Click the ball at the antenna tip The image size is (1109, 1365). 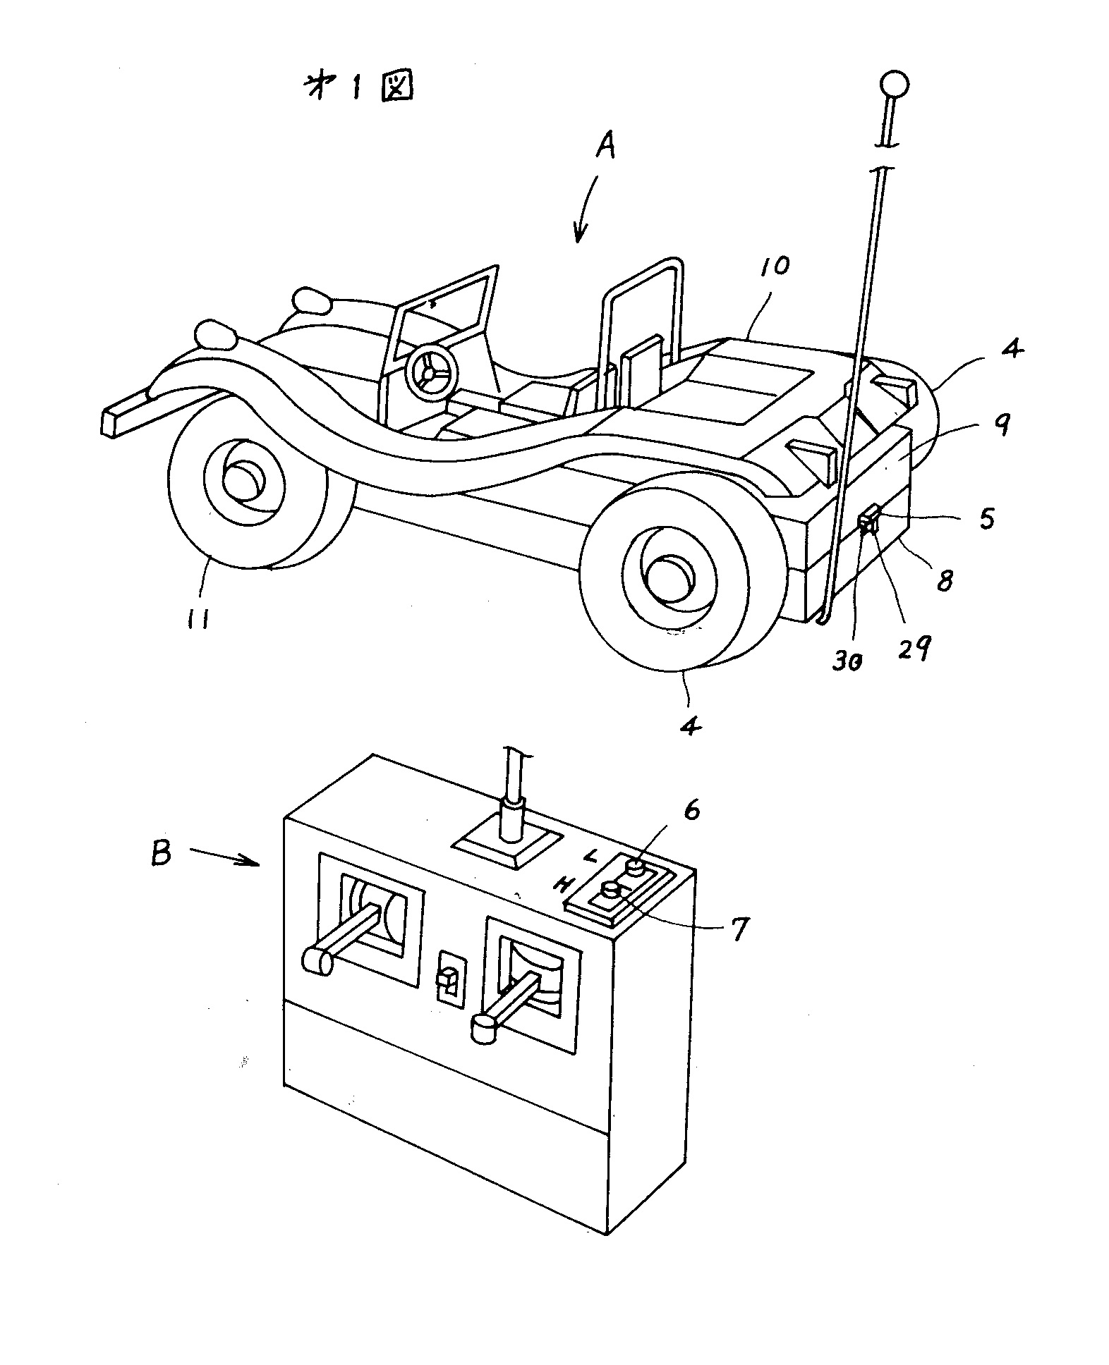(893, 85)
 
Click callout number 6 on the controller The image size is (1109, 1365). (692, 811)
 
